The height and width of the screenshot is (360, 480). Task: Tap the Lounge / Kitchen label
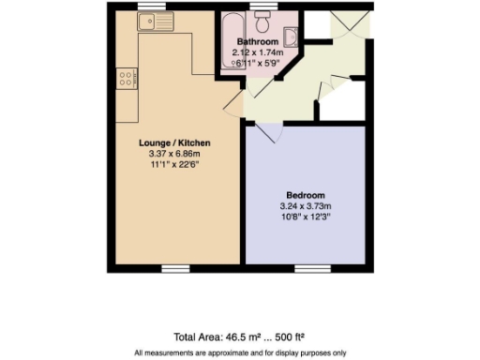pos(174,142)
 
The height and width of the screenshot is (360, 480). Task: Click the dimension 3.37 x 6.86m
pos(174,153)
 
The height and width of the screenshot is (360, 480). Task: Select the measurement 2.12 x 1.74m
pos(256,53)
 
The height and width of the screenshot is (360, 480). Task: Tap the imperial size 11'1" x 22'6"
pos(174,163)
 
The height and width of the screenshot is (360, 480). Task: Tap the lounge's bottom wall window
pos(174,268)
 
